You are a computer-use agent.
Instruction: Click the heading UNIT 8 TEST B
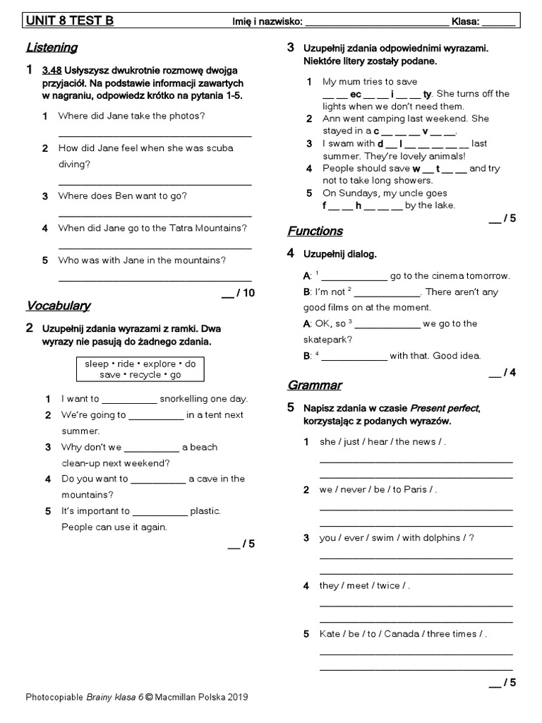[69, 21]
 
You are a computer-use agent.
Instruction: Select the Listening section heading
[52, 48]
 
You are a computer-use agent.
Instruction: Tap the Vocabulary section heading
[58, 306]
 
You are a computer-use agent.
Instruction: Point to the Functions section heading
[315, 231]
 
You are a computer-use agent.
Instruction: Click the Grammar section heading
[314, 385]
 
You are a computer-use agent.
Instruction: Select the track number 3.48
[51, 71]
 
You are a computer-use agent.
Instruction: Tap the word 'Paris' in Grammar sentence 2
[415, 489]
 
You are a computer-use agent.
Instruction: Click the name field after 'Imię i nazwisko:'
[376, 22]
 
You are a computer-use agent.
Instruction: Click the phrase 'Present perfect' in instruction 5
[444, 409]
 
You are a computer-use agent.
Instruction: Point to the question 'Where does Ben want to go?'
[123, 196]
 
